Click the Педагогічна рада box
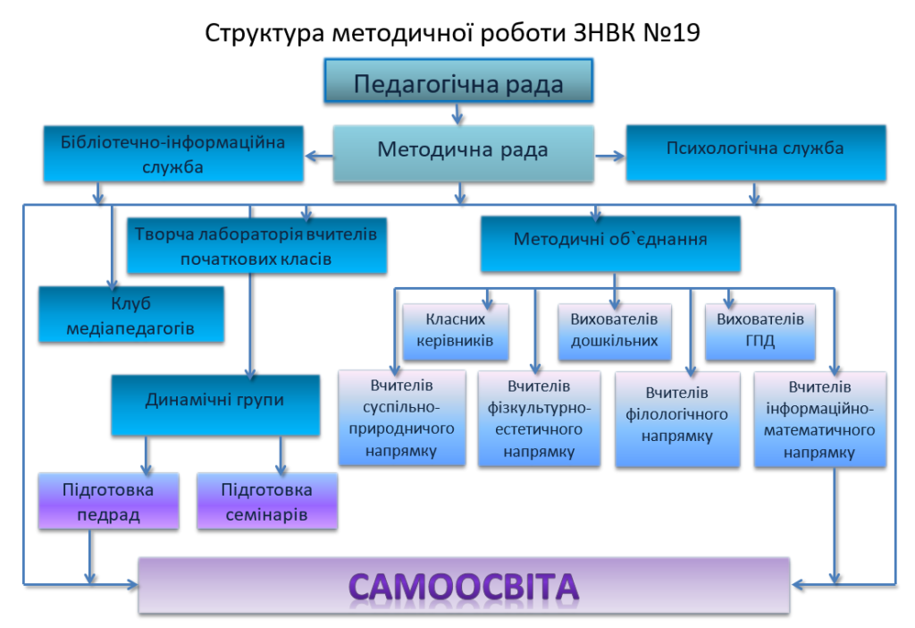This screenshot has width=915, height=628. point(458,83)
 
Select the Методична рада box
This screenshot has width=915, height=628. point(463,149)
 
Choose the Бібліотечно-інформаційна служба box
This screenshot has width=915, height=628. point(172,153)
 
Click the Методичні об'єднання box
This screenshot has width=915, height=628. point(610,242)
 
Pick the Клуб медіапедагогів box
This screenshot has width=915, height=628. point(131,315)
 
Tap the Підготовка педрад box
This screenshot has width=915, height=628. point(108,501)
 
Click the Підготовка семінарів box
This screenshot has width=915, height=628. point(266,501)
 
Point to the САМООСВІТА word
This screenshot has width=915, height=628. point(463,586)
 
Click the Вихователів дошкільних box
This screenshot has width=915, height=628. point(614,330)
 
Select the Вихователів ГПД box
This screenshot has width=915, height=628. point(760,330)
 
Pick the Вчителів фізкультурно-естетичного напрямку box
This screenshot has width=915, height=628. point(539,419)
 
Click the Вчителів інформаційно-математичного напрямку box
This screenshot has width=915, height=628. point(819,419)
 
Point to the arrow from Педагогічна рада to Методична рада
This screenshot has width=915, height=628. point(457,114)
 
